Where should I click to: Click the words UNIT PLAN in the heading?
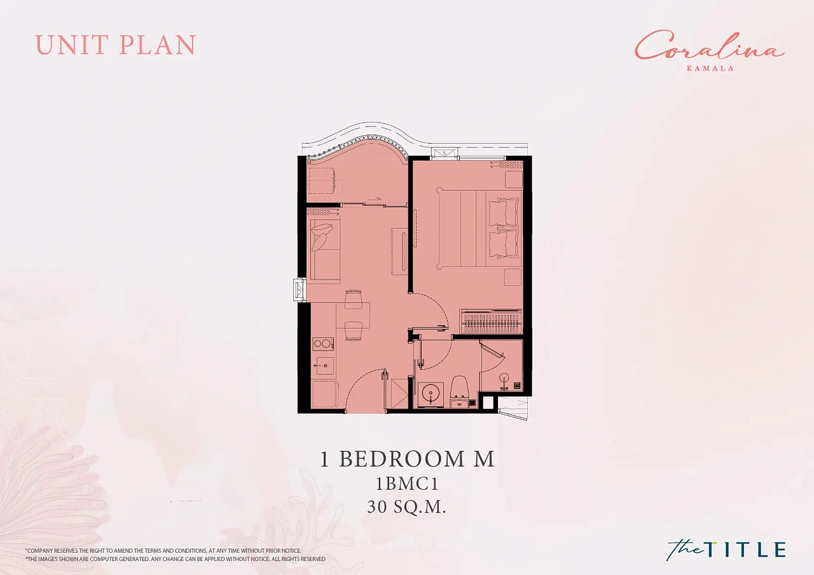coord(116,45)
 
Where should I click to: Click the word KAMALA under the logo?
coord(710,68)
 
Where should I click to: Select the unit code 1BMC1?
coord(407,484)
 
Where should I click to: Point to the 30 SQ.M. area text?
coord(406,507)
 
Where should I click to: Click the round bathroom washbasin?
coord(431,393)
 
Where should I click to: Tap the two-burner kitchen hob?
coord(323,343)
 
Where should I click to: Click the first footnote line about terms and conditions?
coord(163,551)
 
